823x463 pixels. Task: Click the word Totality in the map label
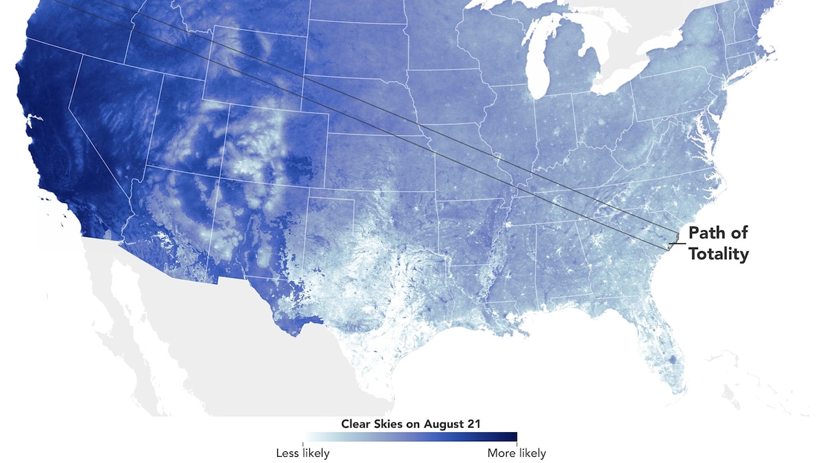719,254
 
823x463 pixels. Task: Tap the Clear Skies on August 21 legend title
411,423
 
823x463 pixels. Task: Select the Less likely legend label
302,453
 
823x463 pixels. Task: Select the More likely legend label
516,453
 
